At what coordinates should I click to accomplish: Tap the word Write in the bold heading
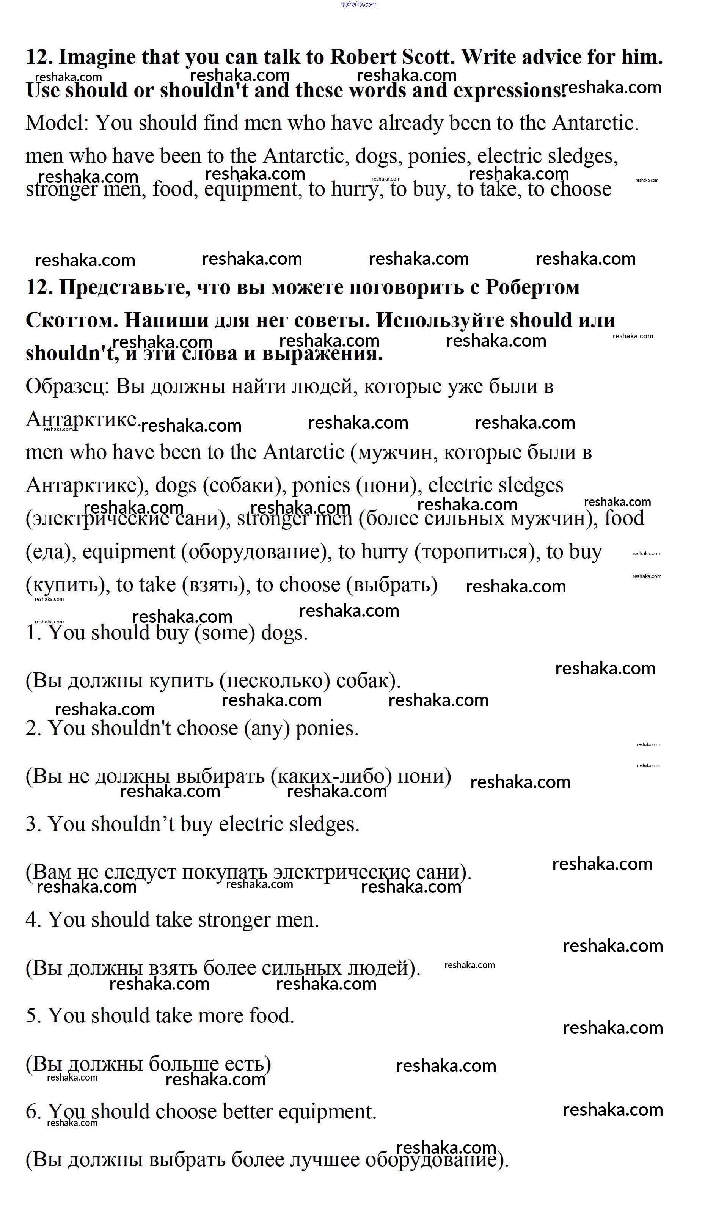click(x=493, y=57)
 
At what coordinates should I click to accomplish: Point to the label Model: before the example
click(x=57, y=123)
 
